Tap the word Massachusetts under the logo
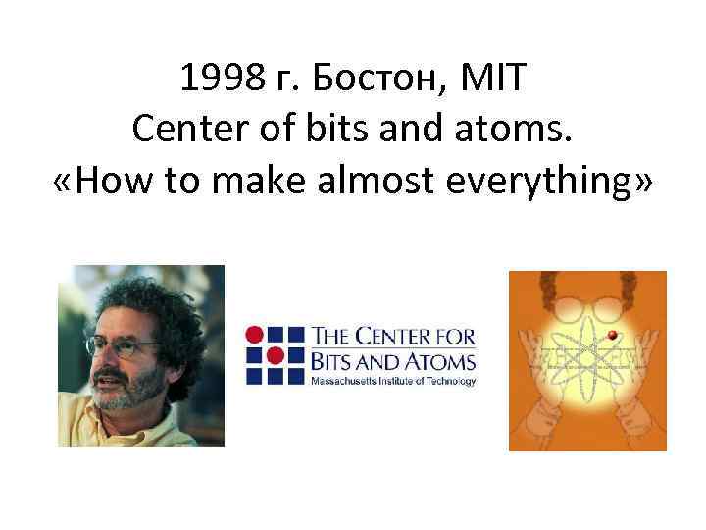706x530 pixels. (343, 379)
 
